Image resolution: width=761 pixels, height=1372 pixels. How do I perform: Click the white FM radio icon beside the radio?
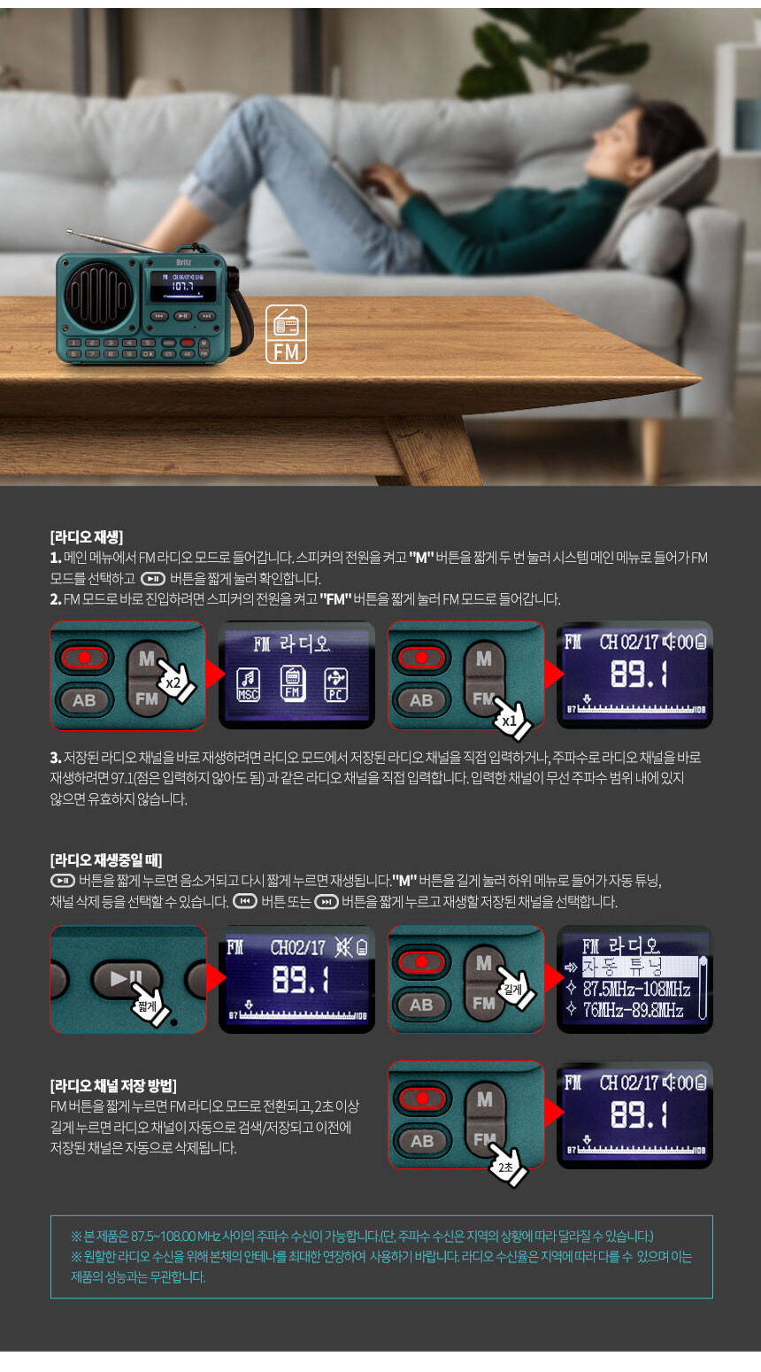tap(286, 334)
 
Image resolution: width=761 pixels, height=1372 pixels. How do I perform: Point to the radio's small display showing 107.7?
tap(184, 286)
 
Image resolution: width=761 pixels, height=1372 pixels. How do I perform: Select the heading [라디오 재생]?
tap(87, 537)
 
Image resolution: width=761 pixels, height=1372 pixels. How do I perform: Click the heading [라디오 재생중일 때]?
tap(106, 860)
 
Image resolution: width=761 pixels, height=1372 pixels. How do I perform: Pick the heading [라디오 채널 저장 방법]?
tap(113, 1086)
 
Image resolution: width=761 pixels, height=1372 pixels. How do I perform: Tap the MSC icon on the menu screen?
tap(248, 684)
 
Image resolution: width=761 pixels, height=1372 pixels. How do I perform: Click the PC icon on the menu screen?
tap(335, 684)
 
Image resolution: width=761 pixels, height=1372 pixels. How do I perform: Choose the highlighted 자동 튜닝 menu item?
tap(639, 967)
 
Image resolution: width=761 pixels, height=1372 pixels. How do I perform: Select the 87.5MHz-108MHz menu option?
tap(636, 989)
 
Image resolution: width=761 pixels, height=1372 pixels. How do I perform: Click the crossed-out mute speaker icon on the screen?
tap(343, 947)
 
